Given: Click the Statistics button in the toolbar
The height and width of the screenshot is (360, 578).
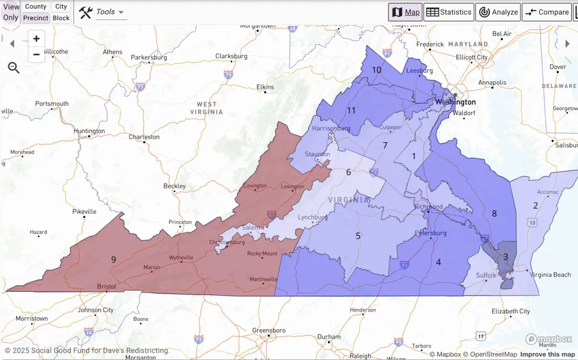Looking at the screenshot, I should coord(448,12).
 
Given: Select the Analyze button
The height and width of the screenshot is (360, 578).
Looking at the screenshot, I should coord(498,12).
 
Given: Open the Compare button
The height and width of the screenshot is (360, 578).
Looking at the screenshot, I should coord(546,12).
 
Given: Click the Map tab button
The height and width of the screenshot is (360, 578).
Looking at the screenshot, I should coord(405,12).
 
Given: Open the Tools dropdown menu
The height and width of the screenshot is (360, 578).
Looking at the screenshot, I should coord(102,12).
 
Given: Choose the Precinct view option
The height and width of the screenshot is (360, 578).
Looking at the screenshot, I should coord(36,18).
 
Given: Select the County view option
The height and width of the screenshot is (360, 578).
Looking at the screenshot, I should coord(36,7).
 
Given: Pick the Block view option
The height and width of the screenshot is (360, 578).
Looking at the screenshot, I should coord(61,18).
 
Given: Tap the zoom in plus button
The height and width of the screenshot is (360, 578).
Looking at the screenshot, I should coord(37,38).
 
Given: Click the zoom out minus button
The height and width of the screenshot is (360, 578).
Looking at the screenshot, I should coord(37,54).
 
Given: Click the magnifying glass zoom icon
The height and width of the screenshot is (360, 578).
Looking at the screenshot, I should coord(14,68).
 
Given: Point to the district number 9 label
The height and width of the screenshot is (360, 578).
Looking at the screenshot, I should coord(113,260).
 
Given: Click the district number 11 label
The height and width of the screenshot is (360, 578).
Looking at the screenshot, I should coord(351,111).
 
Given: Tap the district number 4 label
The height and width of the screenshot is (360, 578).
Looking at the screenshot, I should coord(439,262).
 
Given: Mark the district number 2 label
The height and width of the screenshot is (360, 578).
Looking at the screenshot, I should coord(536,205).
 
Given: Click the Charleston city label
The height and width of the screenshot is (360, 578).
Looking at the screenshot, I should coord(144,137).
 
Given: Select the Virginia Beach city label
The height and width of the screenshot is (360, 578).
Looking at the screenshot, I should coord(551,275).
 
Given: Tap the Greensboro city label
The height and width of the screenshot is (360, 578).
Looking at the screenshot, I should coord(269,331).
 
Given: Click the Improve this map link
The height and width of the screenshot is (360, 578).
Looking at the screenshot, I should coord(548,354).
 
